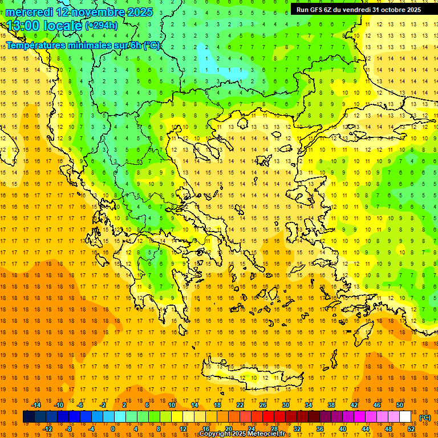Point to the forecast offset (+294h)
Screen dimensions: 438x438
point(102,26)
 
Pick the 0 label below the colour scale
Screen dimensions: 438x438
point(113,429)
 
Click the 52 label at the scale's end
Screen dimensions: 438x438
point(410,429)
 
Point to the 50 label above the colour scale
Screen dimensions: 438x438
point(399,405)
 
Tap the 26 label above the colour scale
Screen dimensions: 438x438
point(262,405)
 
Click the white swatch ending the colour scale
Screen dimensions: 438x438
point(405,417)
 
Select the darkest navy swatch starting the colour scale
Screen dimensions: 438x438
point(29,417)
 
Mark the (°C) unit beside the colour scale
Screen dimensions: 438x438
point(424,417)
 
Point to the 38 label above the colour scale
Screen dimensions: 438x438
point(331,405)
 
